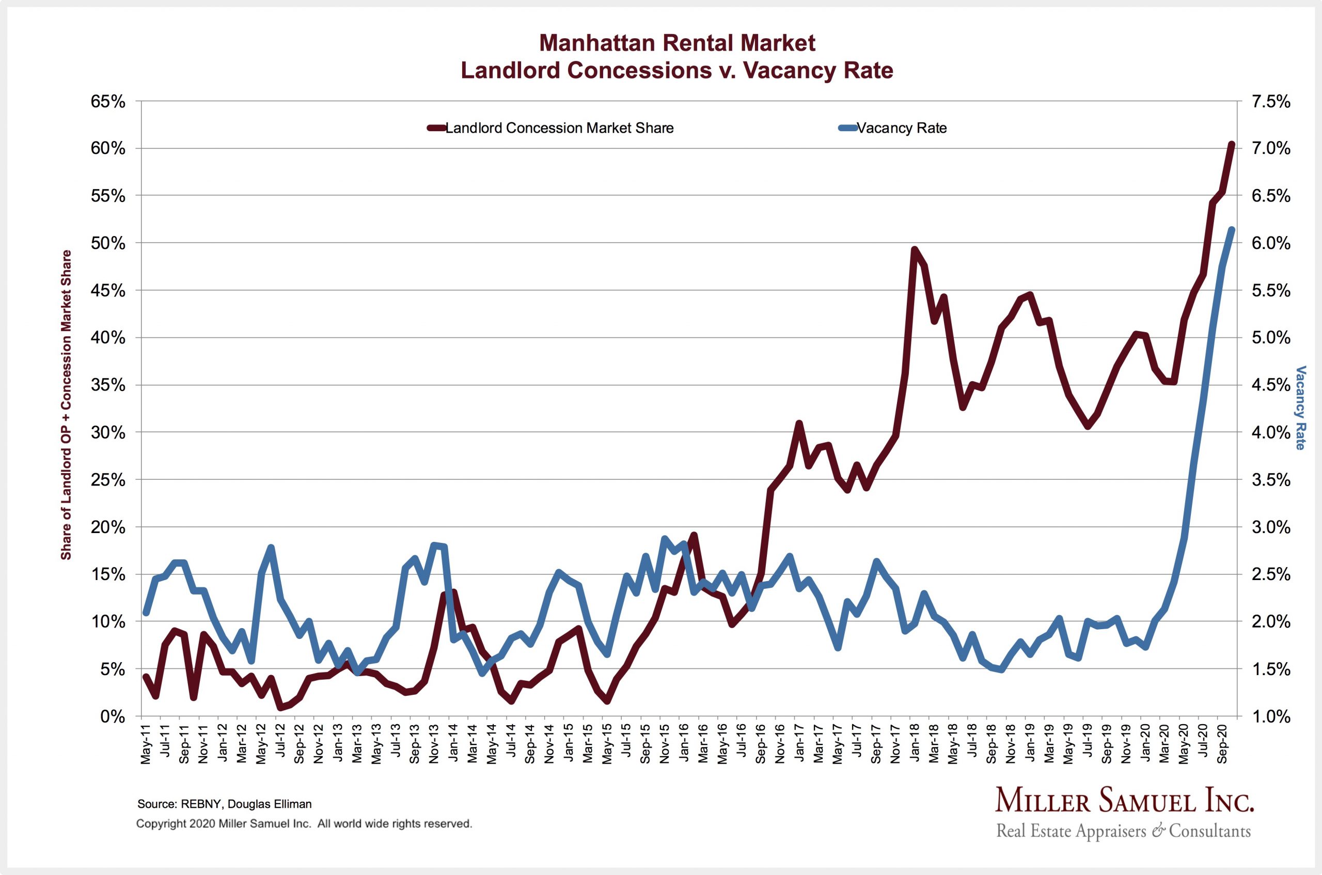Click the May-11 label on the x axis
(146, 745)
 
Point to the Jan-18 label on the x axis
(914, 745)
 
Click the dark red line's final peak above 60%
(1231, 145)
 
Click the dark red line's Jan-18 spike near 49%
(914, 249)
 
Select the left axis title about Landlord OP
(66, 404)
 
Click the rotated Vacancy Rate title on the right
(1300, 408)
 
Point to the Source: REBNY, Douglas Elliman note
(224, 804)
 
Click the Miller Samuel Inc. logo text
(1124, 802)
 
